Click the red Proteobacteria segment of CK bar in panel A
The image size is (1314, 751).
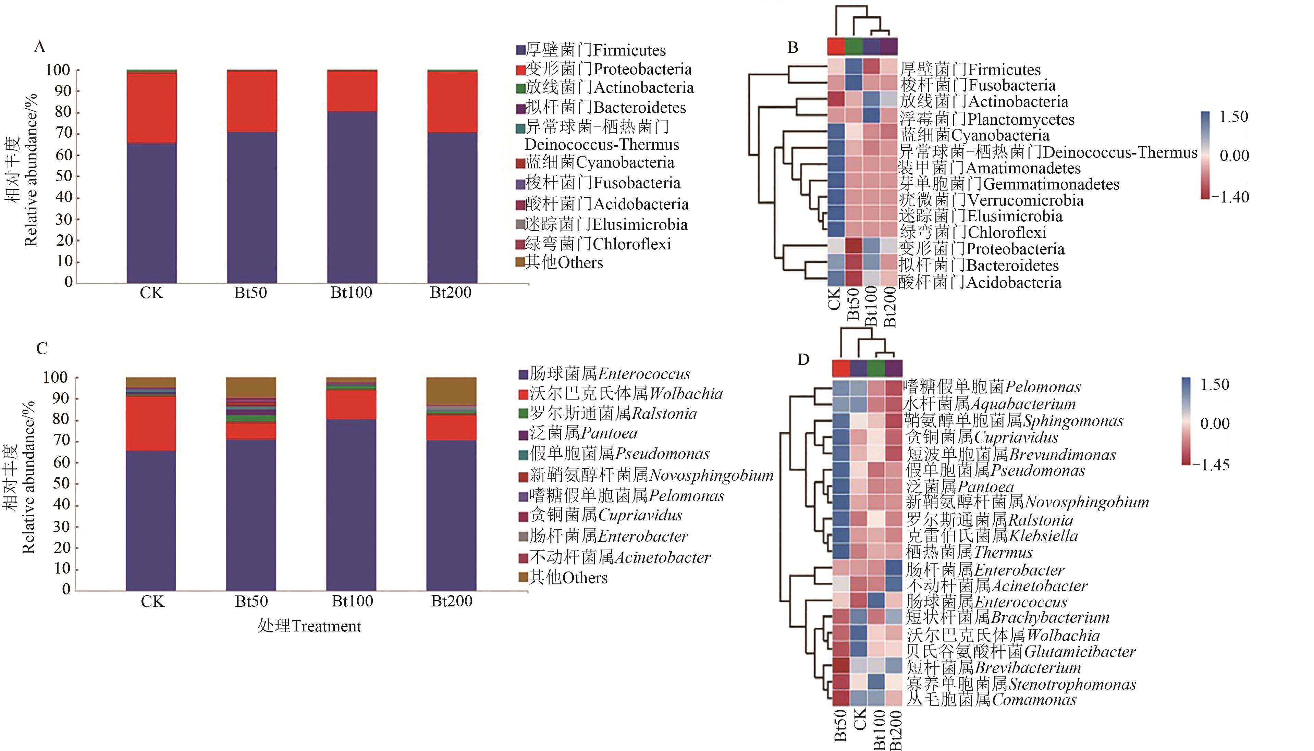pos(151,108)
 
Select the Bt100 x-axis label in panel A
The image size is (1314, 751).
pos(351,293)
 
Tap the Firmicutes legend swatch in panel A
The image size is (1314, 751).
pos(520,50)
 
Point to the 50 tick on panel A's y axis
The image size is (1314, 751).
pos(64,176)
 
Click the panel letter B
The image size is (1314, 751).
pos(793,48)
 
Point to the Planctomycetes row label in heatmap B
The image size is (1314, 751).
pos(987,119)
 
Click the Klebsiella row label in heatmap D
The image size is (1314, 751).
pos(992,536)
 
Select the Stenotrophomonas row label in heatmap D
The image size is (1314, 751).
pos(1021,685)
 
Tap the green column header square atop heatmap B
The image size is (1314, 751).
pos(854,46)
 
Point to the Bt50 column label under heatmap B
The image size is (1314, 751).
pos(854,304)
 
